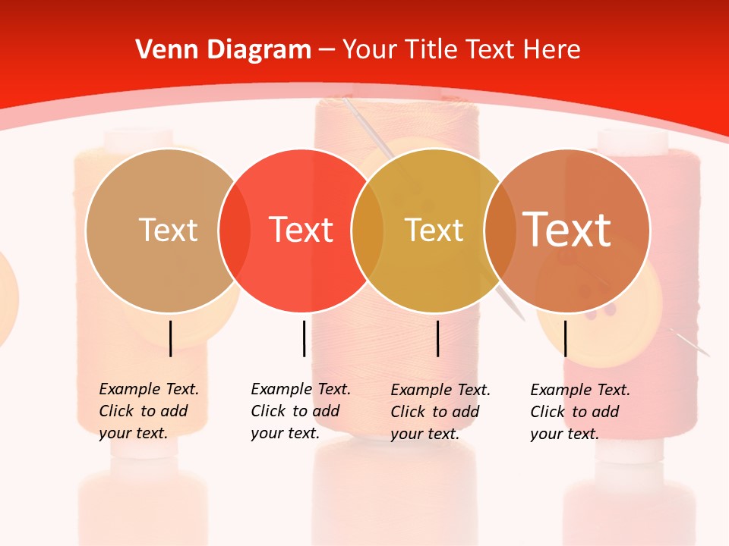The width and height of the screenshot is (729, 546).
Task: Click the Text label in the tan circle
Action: pyautogui.click(x=168, y=230)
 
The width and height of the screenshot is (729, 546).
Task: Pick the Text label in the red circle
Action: pyautogui.click(x=301, y=230)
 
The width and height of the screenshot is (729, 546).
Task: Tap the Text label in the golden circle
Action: pyautogui.click(x=434, y=230)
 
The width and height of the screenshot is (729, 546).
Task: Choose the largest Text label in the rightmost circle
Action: pyautogui.click(x=567, y=230)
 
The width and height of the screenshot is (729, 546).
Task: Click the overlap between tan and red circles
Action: pyautogui.click(x=235, y=231)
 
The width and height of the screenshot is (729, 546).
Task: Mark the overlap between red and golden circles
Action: pyautogui.click(x=368, y=231)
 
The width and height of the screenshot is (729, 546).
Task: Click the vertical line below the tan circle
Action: pyautogui.click(x=171, y=338)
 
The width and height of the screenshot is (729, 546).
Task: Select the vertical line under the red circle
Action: pyautogui.click(x=304, y=338)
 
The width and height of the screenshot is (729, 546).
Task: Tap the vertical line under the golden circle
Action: pyautogui.click(x=437, y=338)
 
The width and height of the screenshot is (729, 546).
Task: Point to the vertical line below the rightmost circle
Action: pyautogui.click(x=565, y=338)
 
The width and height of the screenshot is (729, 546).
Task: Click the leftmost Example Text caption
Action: pyautogui.click(x=148, y=411)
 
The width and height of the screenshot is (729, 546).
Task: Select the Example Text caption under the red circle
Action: pyautogui.click(x=300, y=411)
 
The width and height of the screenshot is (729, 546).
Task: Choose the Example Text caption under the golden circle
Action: pyautogui.click(x=440, y=412)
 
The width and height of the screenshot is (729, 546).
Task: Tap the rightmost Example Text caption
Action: pyautogui.click(x=579, y=412)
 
